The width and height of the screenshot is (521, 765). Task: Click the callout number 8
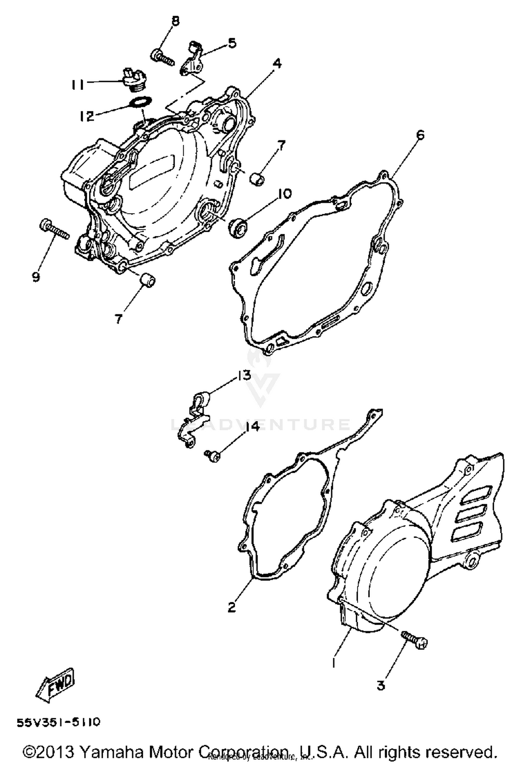tap(175, 22)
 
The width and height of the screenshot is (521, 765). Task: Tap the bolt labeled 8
tap(162, 57)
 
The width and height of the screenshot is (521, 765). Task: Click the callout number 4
tap(277, 64)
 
